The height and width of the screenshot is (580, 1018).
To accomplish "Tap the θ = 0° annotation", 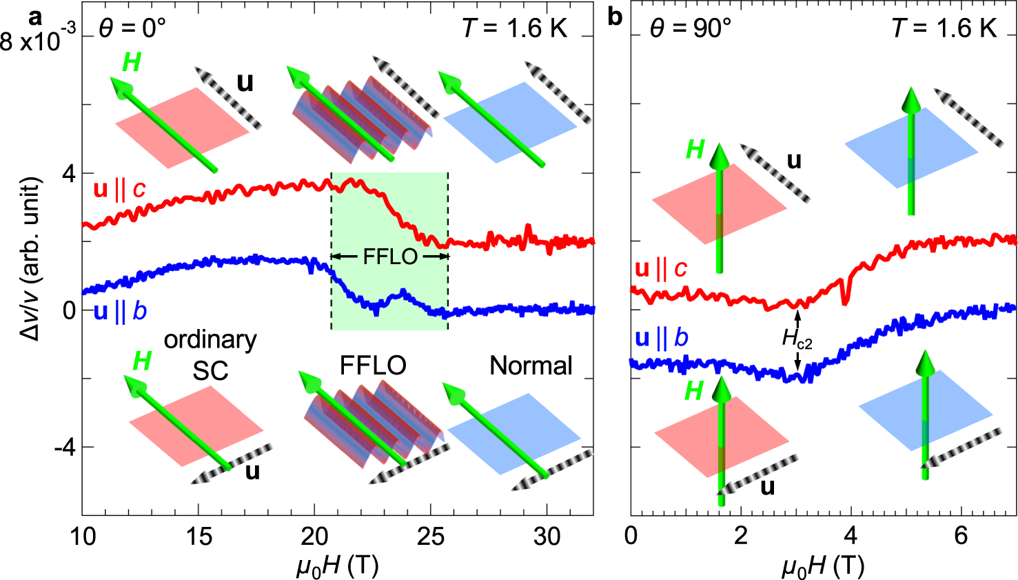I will [x=132, y=28].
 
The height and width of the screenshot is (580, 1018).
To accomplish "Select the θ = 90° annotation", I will [x=690, y=28].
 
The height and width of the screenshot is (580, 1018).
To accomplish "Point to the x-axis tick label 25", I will [x=431, y=536].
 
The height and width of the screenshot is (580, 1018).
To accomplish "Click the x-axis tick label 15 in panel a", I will [x=198, y=536].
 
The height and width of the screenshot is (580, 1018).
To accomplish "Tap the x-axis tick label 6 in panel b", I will [x=961, y=536].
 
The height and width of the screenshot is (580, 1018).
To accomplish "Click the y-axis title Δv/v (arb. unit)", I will [x=31, y=259].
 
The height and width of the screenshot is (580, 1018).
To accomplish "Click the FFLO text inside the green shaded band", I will [x=390, y=257].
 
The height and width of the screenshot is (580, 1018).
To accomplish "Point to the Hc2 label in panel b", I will [x=797, y=338].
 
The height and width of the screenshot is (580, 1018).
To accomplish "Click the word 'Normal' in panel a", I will [x=531, y=366].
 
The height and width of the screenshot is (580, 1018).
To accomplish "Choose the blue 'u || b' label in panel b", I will [x=661, y=338].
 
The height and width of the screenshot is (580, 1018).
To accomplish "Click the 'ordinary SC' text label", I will [x=210, y=355].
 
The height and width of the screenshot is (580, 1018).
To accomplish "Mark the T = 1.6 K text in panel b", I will [x=944, y=28].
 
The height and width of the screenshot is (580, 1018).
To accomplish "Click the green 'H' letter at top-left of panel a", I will [x=131, y=63].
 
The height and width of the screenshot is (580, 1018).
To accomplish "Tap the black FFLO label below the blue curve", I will [x=373, y=366].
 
